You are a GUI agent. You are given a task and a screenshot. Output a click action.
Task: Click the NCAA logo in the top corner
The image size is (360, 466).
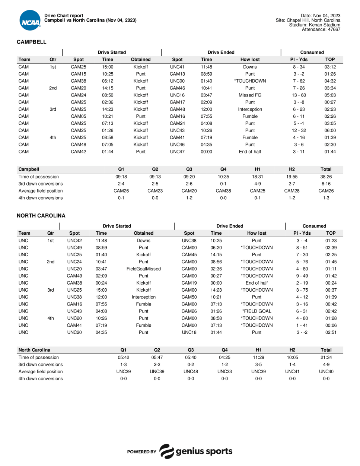tap(30, 21)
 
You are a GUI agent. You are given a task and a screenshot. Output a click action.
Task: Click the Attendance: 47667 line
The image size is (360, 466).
tap(321, 29)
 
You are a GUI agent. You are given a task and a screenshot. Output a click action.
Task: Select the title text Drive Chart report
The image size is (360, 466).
tap(64, 16)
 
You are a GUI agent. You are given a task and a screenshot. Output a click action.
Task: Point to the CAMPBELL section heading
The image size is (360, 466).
tap(32, 42)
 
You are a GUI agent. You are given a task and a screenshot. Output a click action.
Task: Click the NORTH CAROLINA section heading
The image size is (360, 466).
tap(41, 216)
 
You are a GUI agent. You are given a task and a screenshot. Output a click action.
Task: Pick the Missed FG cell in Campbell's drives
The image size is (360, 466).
tap(250, 95)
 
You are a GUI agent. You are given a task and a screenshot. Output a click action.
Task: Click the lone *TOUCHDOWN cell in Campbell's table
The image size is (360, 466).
tap(250, 81)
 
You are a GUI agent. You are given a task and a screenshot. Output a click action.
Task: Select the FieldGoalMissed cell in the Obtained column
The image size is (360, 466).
tap(143, 269)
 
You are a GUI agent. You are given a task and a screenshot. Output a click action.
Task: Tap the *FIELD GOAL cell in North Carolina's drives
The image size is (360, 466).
tap(257, 311)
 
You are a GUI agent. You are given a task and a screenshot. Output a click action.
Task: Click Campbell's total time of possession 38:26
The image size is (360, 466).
tap(326, 177)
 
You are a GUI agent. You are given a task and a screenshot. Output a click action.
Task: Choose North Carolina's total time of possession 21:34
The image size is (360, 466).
tap(326, 357)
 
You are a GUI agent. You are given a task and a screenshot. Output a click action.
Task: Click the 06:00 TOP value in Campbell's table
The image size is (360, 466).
tap(330, 130)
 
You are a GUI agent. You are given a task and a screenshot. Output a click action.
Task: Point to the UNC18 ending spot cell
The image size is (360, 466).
tap(189, 332)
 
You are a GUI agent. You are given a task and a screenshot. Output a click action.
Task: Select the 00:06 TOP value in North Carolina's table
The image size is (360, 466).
tap(331, 325)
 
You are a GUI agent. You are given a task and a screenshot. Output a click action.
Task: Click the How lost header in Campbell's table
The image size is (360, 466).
tap(250, 59)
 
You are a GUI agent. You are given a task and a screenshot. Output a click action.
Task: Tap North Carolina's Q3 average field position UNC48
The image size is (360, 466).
tap(191, 371)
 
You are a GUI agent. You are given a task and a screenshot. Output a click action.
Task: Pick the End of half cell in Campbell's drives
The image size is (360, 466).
tap(250, 152)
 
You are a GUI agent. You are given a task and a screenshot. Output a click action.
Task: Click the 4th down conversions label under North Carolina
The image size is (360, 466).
tap(41, 378)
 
